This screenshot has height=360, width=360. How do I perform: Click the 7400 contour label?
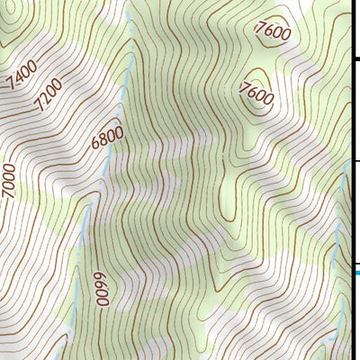[x=22, y=75]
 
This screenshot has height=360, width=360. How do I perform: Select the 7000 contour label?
[x=9, y=181]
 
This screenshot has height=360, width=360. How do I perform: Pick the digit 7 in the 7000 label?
[x=10, y=195]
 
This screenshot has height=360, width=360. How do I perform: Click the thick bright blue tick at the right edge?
[x=356, y=268]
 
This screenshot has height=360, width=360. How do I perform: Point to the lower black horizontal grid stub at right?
[x=355, y=162]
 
